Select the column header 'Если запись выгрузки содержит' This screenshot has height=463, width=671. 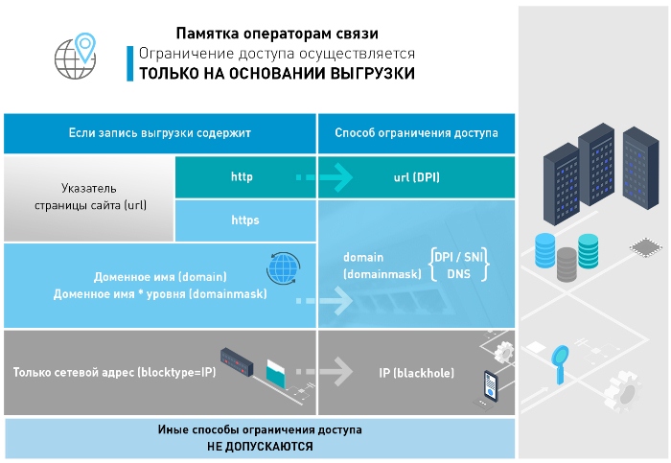pyautogui.click(x=160, y=132)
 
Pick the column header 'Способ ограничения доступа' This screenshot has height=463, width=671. pyautogui.click(x=416, y=132)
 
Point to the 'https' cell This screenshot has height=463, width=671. pyautogui.click(x=245, y=220)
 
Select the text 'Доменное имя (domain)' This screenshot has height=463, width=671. pyautogui.click(x=154, y=276)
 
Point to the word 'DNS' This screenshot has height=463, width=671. pyautogui.click(x=457, y=274)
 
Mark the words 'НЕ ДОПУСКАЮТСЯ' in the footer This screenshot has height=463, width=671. pyautogui.click(x=260, y=447)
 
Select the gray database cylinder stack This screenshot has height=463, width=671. pyautogui.click(x=567, y=262)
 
